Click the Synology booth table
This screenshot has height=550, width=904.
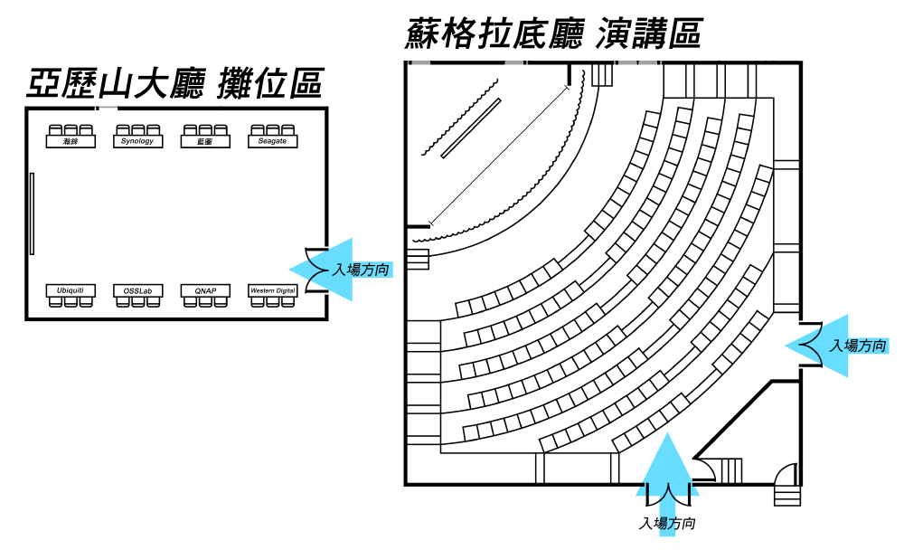coord(137,141)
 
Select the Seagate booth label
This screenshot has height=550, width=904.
coord(272,141)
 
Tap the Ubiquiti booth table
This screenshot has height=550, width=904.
coord(71,290)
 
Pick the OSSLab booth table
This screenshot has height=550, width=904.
coord(137,290)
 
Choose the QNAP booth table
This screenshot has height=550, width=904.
coord(205,290)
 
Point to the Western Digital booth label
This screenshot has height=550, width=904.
coord(272,290)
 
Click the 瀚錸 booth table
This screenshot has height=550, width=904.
coord(71,141)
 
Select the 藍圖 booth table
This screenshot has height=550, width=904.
coord(205,141)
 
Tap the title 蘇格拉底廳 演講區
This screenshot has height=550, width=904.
coord(553,34)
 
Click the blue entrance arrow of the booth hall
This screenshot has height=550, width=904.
coord(316,269)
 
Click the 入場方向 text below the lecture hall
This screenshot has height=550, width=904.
coord(667,524)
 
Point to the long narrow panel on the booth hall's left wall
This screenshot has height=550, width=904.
coord(32,213)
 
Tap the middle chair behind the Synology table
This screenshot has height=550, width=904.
coord(137,129)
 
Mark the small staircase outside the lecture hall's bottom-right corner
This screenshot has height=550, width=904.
coord(786,495)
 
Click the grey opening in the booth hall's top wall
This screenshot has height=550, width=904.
coord(107,108)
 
